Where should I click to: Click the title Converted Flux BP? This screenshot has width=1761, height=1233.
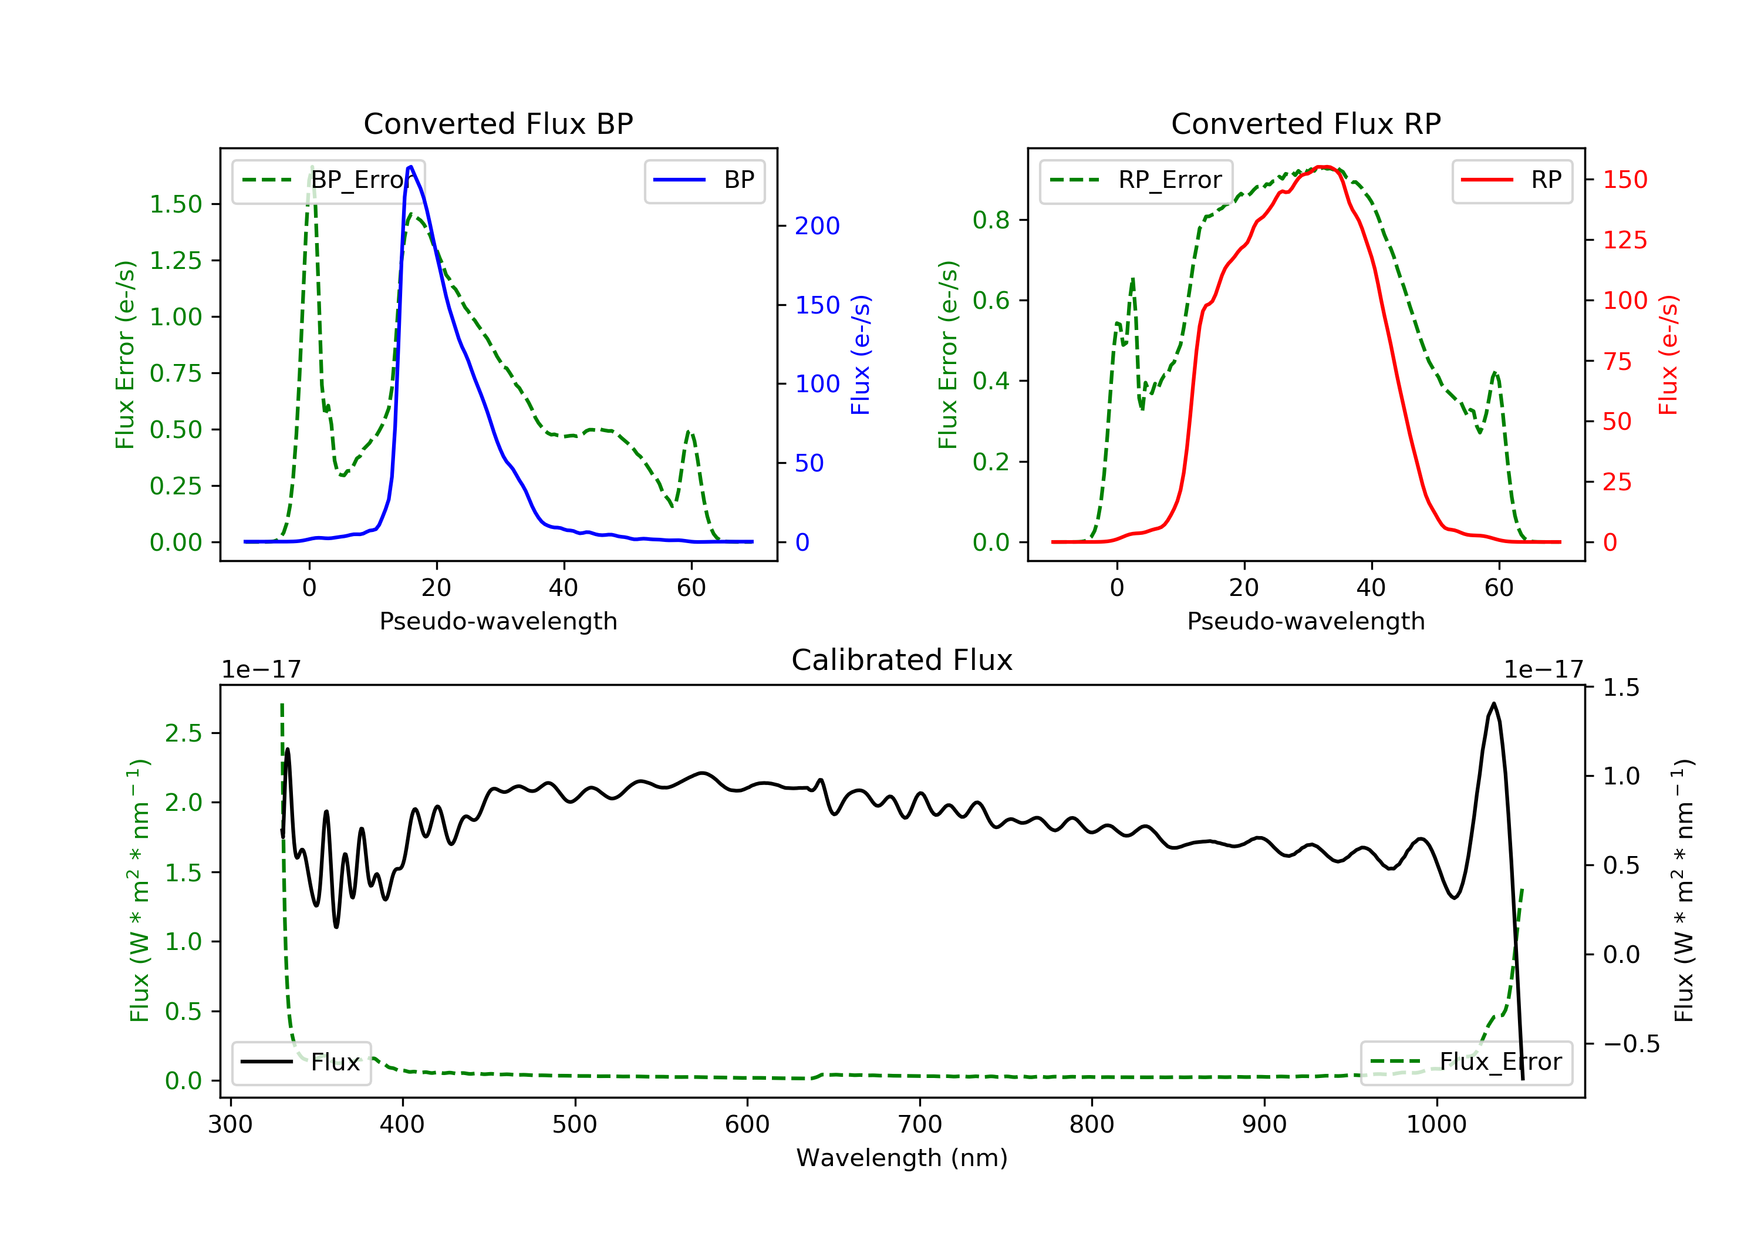click(x=498, y=123)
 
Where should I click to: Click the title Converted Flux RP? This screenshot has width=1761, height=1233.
click(x=1305, y=123)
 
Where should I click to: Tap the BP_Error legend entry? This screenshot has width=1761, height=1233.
click(x=328, y=180)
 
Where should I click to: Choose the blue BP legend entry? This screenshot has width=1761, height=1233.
click(x=704, y=180)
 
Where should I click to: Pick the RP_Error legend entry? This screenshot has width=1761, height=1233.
click(x=1136, y=180)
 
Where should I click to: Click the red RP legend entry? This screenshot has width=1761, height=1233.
click(x=1511, y=180)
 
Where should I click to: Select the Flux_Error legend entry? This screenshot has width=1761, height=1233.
click(x=1466, y=1062)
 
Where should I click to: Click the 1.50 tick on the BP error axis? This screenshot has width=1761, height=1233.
click(x=176, y=204)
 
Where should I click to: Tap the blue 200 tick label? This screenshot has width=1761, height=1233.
click(x=817, y=225)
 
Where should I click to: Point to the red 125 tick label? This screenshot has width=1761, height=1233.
click(x=1624, y=240)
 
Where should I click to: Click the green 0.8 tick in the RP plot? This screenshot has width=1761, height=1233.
click(x=990, y=220)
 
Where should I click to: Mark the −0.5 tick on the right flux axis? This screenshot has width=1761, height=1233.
click(x=1631, y=1045)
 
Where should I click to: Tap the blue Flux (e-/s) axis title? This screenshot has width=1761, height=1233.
click(x=861, y=355)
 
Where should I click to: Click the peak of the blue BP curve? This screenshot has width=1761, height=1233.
click(x=411, y=167)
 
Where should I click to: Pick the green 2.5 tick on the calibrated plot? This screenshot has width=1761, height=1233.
click(x=183, y=733)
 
